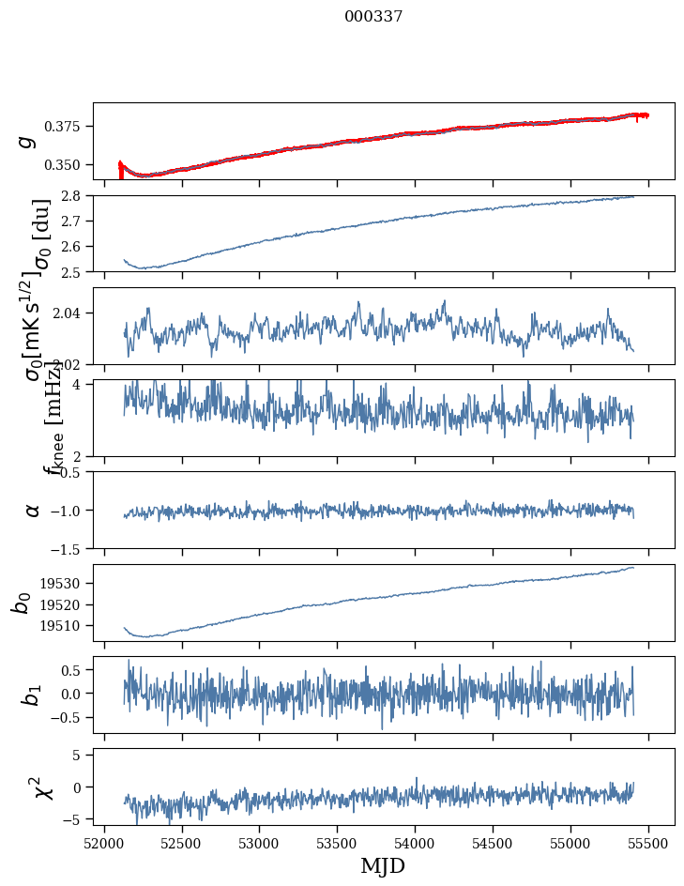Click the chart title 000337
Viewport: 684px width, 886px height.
click(373, 16)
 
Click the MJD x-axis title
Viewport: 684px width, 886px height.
click(383, 866)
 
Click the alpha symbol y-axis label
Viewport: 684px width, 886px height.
click(33, 510)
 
